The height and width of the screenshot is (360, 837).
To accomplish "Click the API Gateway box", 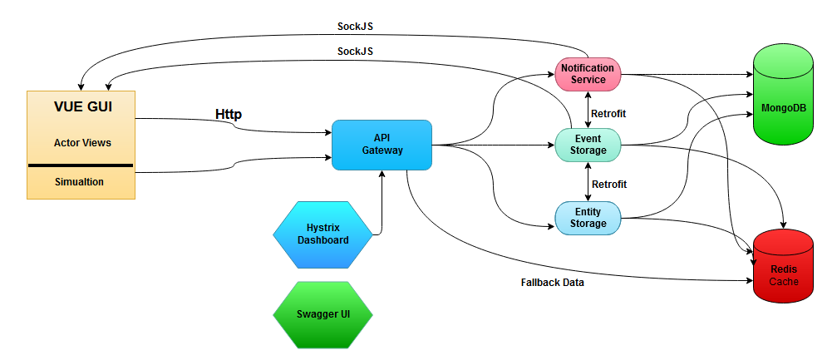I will point(382,145).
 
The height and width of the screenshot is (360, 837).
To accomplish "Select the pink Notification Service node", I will point(588,73).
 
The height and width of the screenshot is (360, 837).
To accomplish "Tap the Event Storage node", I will point(588,144).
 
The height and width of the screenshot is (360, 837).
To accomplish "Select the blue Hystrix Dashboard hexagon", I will point(323,234).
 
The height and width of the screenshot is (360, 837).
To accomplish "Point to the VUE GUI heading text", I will point(82,107).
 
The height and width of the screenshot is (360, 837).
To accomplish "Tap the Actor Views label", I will point(82,142).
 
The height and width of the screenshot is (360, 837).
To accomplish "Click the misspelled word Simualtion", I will point(80,182).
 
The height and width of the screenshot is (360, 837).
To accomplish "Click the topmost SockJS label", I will point(355,27).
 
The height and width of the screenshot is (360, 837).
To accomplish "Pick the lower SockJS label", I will point(355,52).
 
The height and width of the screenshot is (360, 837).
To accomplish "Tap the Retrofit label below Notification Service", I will point(608,113).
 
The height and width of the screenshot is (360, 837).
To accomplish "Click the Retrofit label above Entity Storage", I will point(608,184).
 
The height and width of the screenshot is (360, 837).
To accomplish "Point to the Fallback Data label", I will point(552,282).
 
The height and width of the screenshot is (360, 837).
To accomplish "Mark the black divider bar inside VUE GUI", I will point(81,165).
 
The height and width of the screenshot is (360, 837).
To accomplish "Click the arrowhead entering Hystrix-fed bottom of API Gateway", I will point(382,174).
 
